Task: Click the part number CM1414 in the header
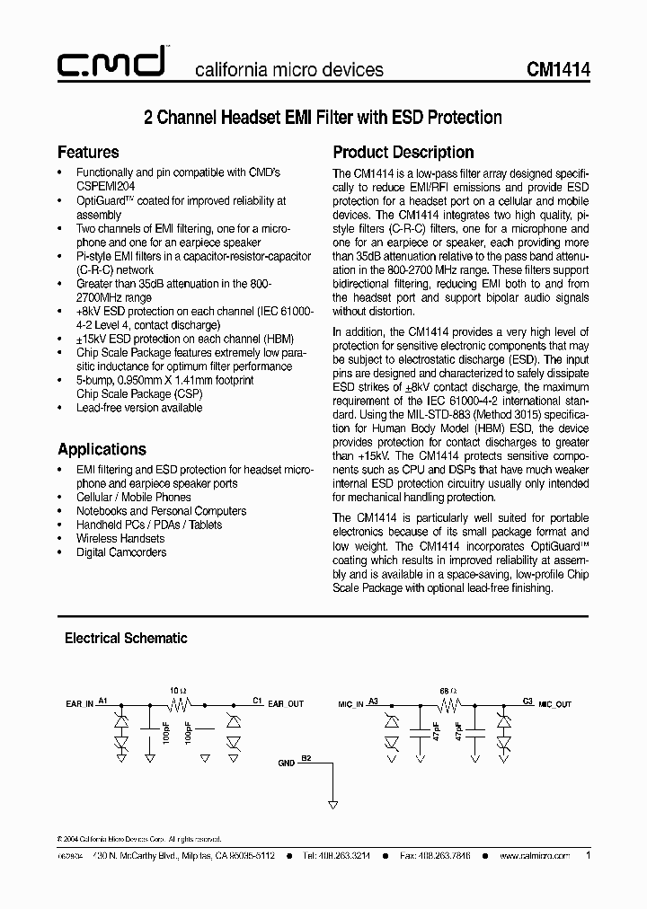pos(558,69)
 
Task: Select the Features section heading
pos(88,152)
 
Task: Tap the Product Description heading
pos(403,152)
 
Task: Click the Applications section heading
pos(102,449)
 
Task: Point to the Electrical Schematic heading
pos(126,638)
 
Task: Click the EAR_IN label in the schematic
pos(80,704)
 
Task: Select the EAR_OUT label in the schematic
pos(286,704)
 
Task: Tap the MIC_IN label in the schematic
pos(350,705)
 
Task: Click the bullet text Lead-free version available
pos(139,408)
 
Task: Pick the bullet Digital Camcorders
pos(121,552)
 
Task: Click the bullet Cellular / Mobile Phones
pos(134,497)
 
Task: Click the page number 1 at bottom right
pos(588,856)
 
